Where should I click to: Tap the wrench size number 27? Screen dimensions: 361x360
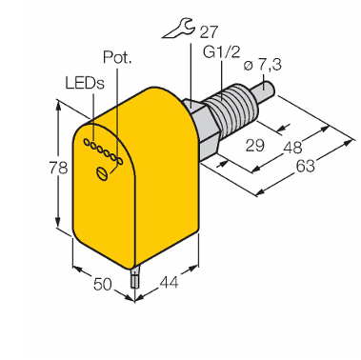(209, 31)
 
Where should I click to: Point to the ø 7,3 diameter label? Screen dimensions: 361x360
(262, 65)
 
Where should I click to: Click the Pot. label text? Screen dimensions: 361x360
(117, 57)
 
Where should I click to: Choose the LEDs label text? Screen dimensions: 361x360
(85, 83)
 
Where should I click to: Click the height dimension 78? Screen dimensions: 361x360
(58, 168)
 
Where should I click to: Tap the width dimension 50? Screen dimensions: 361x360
(103, 284)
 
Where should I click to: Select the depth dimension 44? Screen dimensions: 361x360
(169, 282)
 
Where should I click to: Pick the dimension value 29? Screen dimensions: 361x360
(255, 146)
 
